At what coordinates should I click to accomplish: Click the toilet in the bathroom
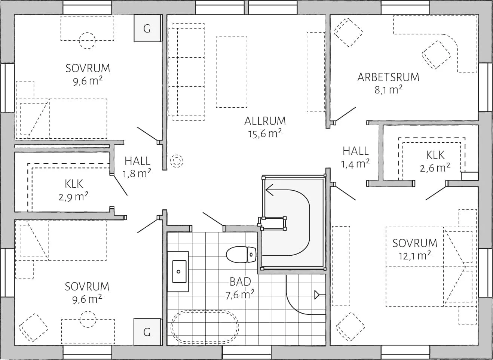pyautogui.click(x=241, y=254)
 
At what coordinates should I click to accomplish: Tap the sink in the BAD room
pyautogui.click(x=178, y=271)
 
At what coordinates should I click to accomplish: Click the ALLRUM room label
pyautogui.click(x=265, y=121)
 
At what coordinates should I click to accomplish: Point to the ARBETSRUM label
pyautogui.click(x=388, y=77)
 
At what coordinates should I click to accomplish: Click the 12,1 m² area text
pyautogui.click(x=414, y=256)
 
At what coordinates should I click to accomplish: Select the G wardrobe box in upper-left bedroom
pyautogui.click(x=147, y=28)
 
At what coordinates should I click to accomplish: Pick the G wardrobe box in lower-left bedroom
pyautogui.click(x=147, y=331)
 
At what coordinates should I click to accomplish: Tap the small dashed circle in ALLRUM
pyautogui.click(x=177, y=161)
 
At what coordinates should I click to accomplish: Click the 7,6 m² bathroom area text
pyautogui.click(x=240, y=295)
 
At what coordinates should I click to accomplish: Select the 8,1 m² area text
pyautogui.click(x=388, y=90)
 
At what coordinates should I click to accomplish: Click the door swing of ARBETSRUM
pyautogui.click(x=345, y=114)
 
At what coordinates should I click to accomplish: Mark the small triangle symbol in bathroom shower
pyautogui.click(x=317, y=295)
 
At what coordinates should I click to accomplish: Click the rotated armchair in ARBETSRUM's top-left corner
pyautogui.click(x=349, y=33)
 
